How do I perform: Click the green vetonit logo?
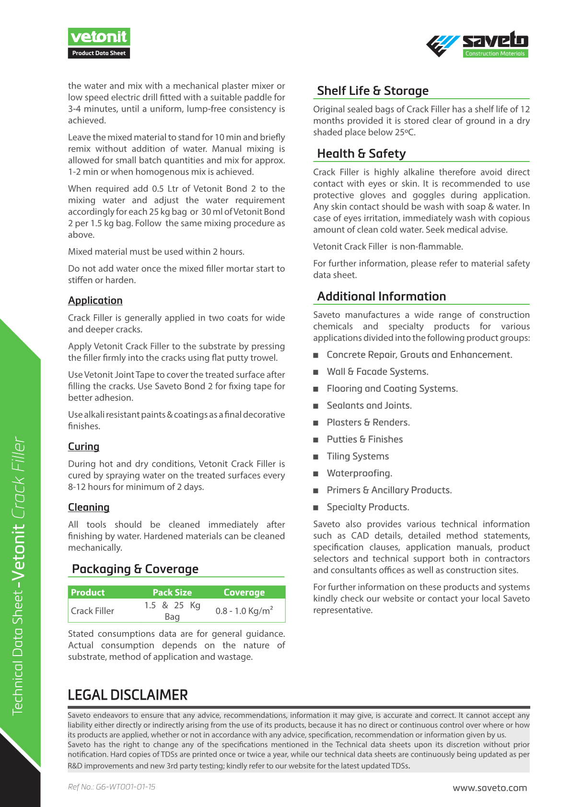tap(99, 37)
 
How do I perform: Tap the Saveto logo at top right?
tap(478, 44)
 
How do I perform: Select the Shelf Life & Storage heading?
tap(373, 91)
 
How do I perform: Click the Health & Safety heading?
tap(361, 153)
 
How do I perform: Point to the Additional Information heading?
tap(381, 296)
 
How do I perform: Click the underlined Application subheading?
tap(95, 300)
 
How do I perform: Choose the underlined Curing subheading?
tap(83, 447)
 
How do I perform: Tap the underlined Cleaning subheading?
tap(89, 507)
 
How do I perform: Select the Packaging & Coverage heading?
tap(135, 569)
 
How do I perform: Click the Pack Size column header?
tap(172, 592)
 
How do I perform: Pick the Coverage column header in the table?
tap(244, 592)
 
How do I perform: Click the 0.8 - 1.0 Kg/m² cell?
tap(244, 611)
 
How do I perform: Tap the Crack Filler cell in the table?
tap(93, 611)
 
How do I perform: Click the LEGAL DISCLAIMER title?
tap(128, 695)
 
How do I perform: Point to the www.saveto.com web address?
tap(489, 788)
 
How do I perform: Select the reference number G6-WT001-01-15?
tap(112, 787)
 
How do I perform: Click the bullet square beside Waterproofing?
tap(315, 474)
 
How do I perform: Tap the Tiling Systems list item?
tap(358, 456)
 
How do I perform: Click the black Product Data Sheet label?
tap(99, 53)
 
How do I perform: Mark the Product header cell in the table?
tap(88, 592)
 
